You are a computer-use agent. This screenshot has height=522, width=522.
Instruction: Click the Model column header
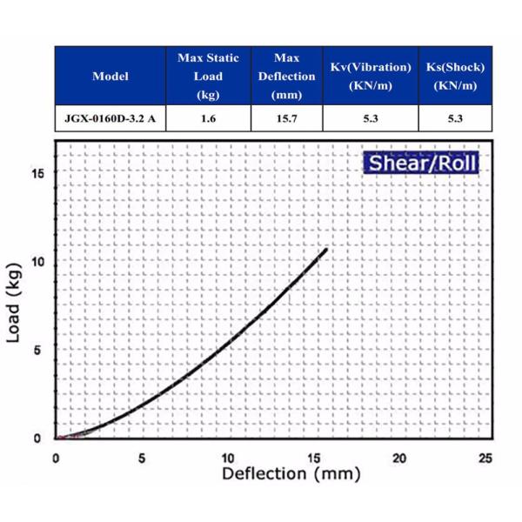(110, 76)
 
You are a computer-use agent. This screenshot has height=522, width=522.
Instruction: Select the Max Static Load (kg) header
(208, 76)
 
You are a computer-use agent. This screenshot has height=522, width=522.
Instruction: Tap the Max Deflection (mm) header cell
(286, 76)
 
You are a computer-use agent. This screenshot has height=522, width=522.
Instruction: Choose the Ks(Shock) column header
(455, 76)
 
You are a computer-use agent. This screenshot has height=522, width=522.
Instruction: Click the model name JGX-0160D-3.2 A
(110, 119)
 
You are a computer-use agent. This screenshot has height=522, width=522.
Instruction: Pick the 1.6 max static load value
(208, 119)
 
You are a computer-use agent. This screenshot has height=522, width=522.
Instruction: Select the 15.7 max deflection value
(286, 119)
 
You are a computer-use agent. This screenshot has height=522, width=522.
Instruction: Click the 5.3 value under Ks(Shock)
(455, 119)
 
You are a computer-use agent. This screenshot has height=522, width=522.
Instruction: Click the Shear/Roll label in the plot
(421, 162)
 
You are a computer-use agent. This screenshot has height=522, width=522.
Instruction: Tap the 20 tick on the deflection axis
(399, 458)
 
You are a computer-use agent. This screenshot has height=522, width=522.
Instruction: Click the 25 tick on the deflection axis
(485, 458)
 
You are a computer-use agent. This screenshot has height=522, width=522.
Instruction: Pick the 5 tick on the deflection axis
(142, 458)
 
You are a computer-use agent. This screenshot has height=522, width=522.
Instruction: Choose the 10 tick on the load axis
(37, 262)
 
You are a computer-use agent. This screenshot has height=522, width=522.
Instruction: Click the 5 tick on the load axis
(39, 350)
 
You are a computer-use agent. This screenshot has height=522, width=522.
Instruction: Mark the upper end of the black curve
(326, 250)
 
